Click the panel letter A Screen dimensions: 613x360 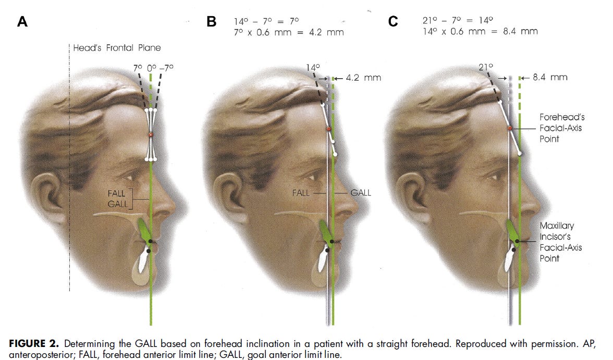(x=22, y=21)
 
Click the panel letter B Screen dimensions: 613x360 (x=212, y=21)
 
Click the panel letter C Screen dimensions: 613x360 (x=393, y=21)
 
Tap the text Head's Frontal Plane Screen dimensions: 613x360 (x=117, y=48)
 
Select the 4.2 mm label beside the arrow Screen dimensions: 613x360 (x=363, y=78)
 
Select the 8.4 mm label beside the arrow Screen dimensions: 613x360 (x=550, y=77)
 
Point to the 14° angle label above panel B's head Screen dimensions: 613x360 (x=313, y=68)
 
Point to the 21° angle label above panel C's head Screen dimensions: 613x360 (x=486, y=67)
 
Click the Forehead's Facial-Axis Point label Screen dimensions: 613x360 (x=562, y=128)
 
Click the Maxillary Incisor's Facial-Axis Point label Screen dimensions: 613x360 (x=559, y=242)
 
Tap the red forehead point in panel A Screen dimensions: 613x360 (x=151, y=135)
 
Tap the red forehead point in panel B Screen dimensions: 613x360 (x=328, y=129)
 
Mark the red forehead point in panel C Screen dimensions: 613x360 (x=510, y=128)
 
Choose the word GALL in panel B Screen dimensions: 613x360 (x=361, y=193)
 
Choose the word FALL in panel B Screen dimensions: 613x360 (x=301, y=193)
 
